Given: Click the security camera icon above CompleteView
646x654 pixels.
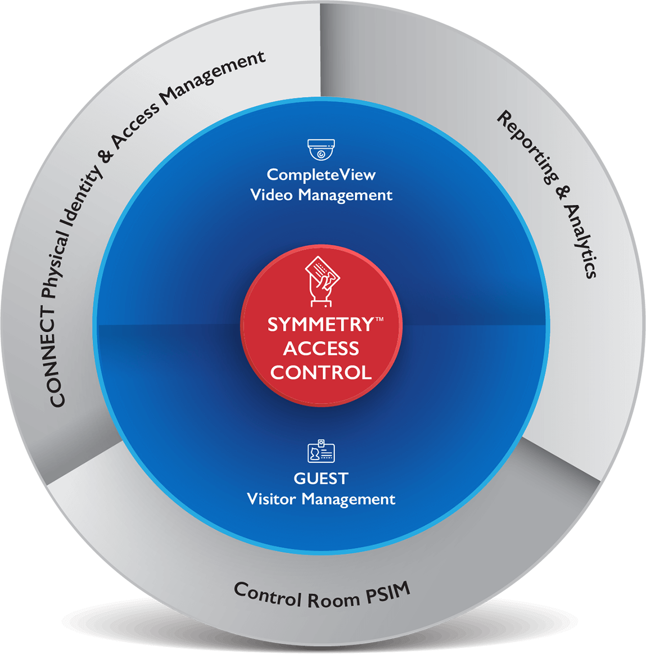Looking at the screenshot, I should (x=321, y=149).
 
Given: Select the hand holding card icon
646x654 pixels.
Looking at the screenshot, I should (x=321, y=280).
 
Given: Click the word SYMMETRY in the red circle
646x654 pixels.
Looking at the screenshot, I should (x=320, y=325).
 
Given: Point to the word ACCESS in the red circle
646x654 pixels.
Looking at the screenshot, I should (x=321, y=349).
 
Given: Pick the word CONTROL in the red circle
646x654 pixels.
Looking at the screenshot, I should (x=321, y=372).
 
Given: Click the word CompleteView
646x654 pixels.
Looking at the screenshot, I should (x=321, y=175).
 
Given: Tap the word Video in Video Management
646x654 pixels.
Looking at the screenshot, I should (x=272, y=194).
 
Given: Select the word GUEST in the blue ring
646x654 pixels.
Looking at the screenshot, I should (x=321, y=478).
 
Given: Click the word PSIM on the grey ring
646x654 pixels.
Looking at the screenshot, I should (x=388, y=593).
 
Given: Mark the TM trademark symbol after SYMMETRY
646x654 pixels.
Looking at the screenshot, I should (x=379, y=319).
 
